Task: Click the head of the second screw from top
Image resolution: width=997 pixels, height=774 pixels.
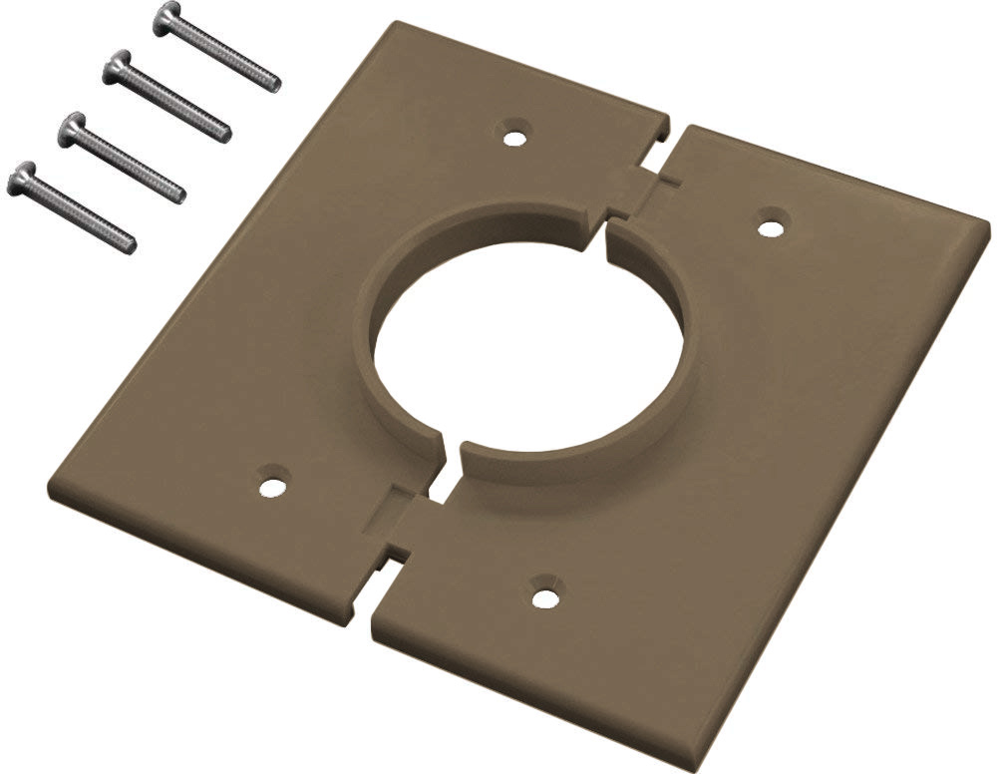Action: [x=119, y=66]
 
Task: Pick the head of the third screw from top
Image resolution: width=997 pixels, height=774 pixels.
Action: [x=72, y=130]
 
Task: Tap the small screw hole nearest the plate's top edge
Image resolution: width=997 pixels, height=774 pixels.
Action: [x=513, y=135]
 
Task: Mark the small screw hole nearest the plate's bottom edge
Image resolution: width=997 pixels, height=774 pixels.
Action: [x=544, y=596]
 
